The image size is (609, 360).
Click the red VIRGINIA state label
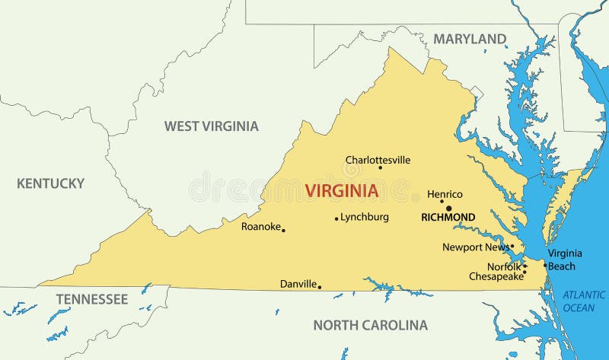[x=342, y=191]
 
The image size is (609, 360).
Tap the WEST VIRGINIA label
[x=212, y=126]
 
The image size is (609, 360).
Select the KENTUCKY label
[x=50, y=183]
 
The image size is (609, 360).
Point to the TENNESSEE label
[x=91, y=299]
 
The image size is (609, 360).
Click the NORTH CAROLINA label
[x=370, y=325]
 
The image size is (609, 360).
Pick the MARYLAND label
[x=470, y=39]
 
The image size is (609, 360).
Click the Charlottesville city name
[x=378, y=160]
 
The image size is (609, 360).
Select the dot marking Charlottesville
[x=381, y=167]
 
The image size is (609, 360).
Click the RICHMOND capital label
[x=448, y=218]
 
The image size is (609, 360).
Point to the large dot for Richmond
[x=448, y=208]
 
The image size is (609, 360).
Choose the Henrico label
[x=445, y=194]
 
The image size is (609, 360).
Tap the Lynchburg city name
[x=365, y=217]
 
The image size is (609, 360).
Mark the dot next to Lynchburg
[x=336, y=219]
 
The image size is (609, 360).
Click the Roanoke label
[x=260, y=226]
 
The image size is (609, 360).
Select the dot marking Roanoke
[x=283, y=230]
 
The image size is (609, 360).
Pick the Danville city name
[x=298, y=284]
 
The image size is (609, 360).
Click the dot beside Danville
[x=319, y=287]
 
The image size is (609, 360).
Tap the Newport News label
[x=476, y=247]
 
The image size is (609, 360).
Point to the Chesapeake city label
[x=496, y=276]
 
